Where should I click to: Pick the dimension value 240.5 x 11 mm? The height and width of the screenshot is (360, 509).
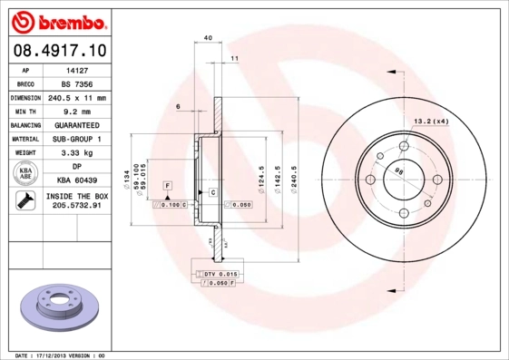[x=76, y=97]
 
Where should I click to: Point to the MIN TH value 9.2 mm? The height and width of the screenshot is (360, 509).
[x=76, y=111]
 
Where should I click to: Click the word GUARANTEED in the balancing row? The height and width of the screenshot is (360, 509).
[x=76, y=125]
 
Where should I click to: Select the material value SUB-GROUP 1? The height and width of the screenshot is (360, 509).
[x=76, y=139]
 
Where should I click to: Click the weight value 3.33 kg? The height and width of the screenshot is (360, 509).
[x=76, y=153]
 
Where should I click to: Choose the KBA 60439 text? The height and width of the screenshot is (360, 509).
[x=76, y=181]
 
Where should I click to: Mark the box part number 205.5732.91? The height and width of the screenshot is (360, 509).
[x=76, y=207]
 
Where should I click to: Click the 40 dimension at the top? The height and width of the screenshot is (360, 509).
[x=209, y=38]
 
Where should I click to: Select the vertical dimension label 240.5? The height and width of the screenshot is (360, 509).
[x=292, y=172]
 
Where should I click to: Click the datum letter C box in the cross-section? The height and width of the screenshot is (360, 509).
[x=211, y=193]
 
